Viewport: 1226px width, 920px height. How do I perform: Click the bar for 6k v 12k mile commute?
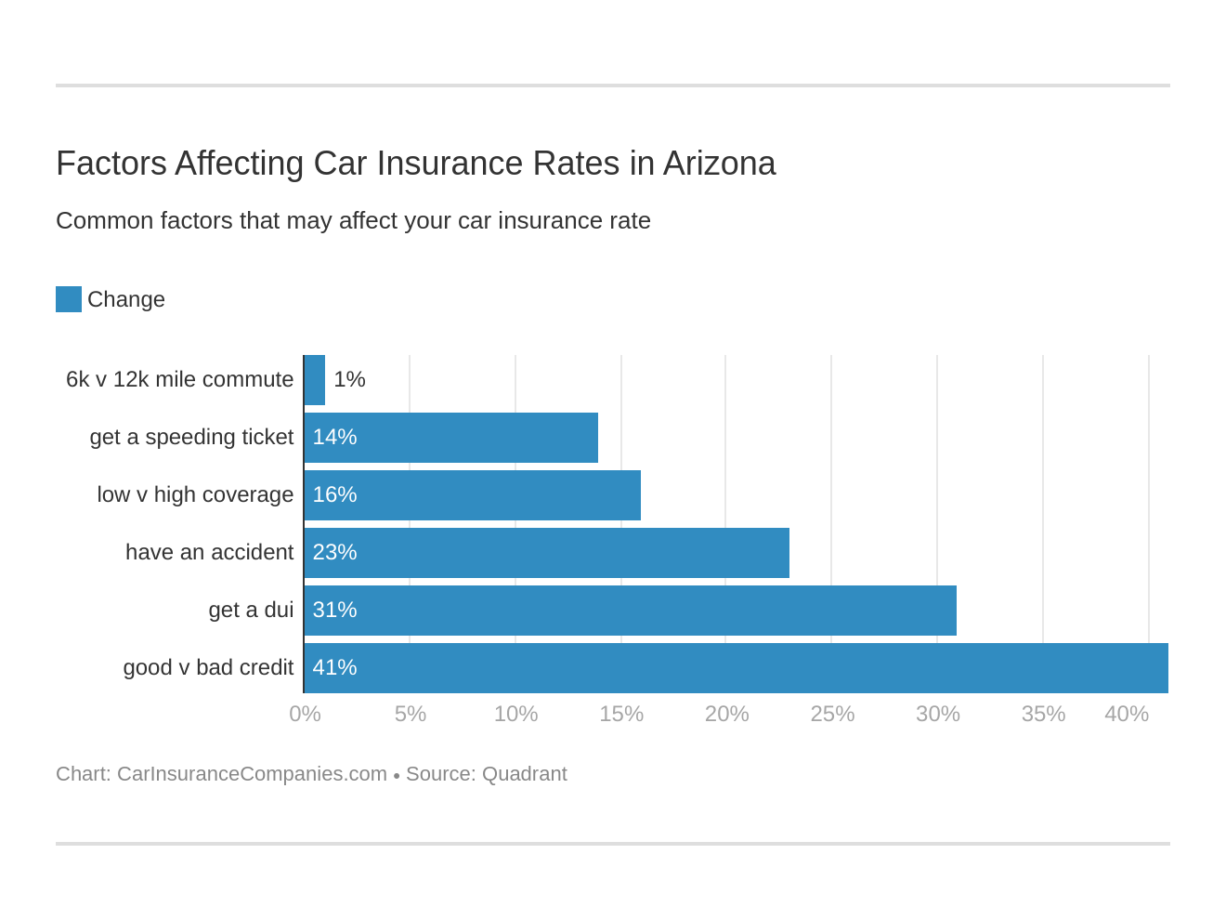point(315,380)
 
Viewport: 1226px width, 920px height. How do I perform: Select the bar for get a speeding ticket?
point(451,438)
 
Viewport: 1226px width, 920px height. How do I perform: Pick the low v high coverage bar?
point(473,495)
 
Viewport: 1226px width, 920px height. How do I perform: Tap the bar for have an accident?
point(547,553)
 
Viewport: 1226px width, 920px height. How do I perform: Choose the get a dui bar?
point(631,611)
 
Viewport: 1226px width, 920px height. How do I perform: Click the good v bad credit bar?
point(736,668)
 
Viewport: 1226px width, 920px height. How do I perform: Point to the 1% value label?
point(349,380)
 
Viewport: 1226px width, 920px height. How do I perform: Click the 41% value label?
point(334,668)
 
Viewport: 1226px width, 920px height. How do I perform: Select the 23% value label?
point(334,553)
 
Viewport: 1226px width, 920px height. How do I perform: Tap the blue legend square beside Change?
point(69,299)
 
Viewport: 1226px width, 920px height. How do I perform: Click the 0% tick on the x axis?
point(305,714)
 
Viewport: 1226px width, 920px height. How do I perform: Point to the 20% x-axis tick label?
point(726,714)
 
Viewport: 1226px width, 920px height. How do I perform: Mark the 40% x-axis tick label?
point(1126,714)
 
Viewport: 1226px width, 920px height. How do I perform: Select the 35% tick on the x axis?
point(1043,714)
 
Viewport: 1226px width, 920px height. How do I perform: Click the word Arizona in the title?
point(719,164)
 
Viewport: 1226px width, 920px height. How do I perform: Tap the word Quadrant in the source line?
point(524,774)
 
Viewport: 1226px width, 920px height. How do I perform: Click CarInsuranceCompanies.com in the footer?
point(252,774)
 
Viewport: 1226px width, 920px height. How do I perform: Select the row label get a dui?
point(251,611)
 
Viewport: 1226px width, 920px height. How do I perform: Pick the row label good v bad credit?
point(208,668)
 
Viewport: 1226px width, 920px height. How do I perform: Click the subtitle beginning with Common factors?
point(353,221)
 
